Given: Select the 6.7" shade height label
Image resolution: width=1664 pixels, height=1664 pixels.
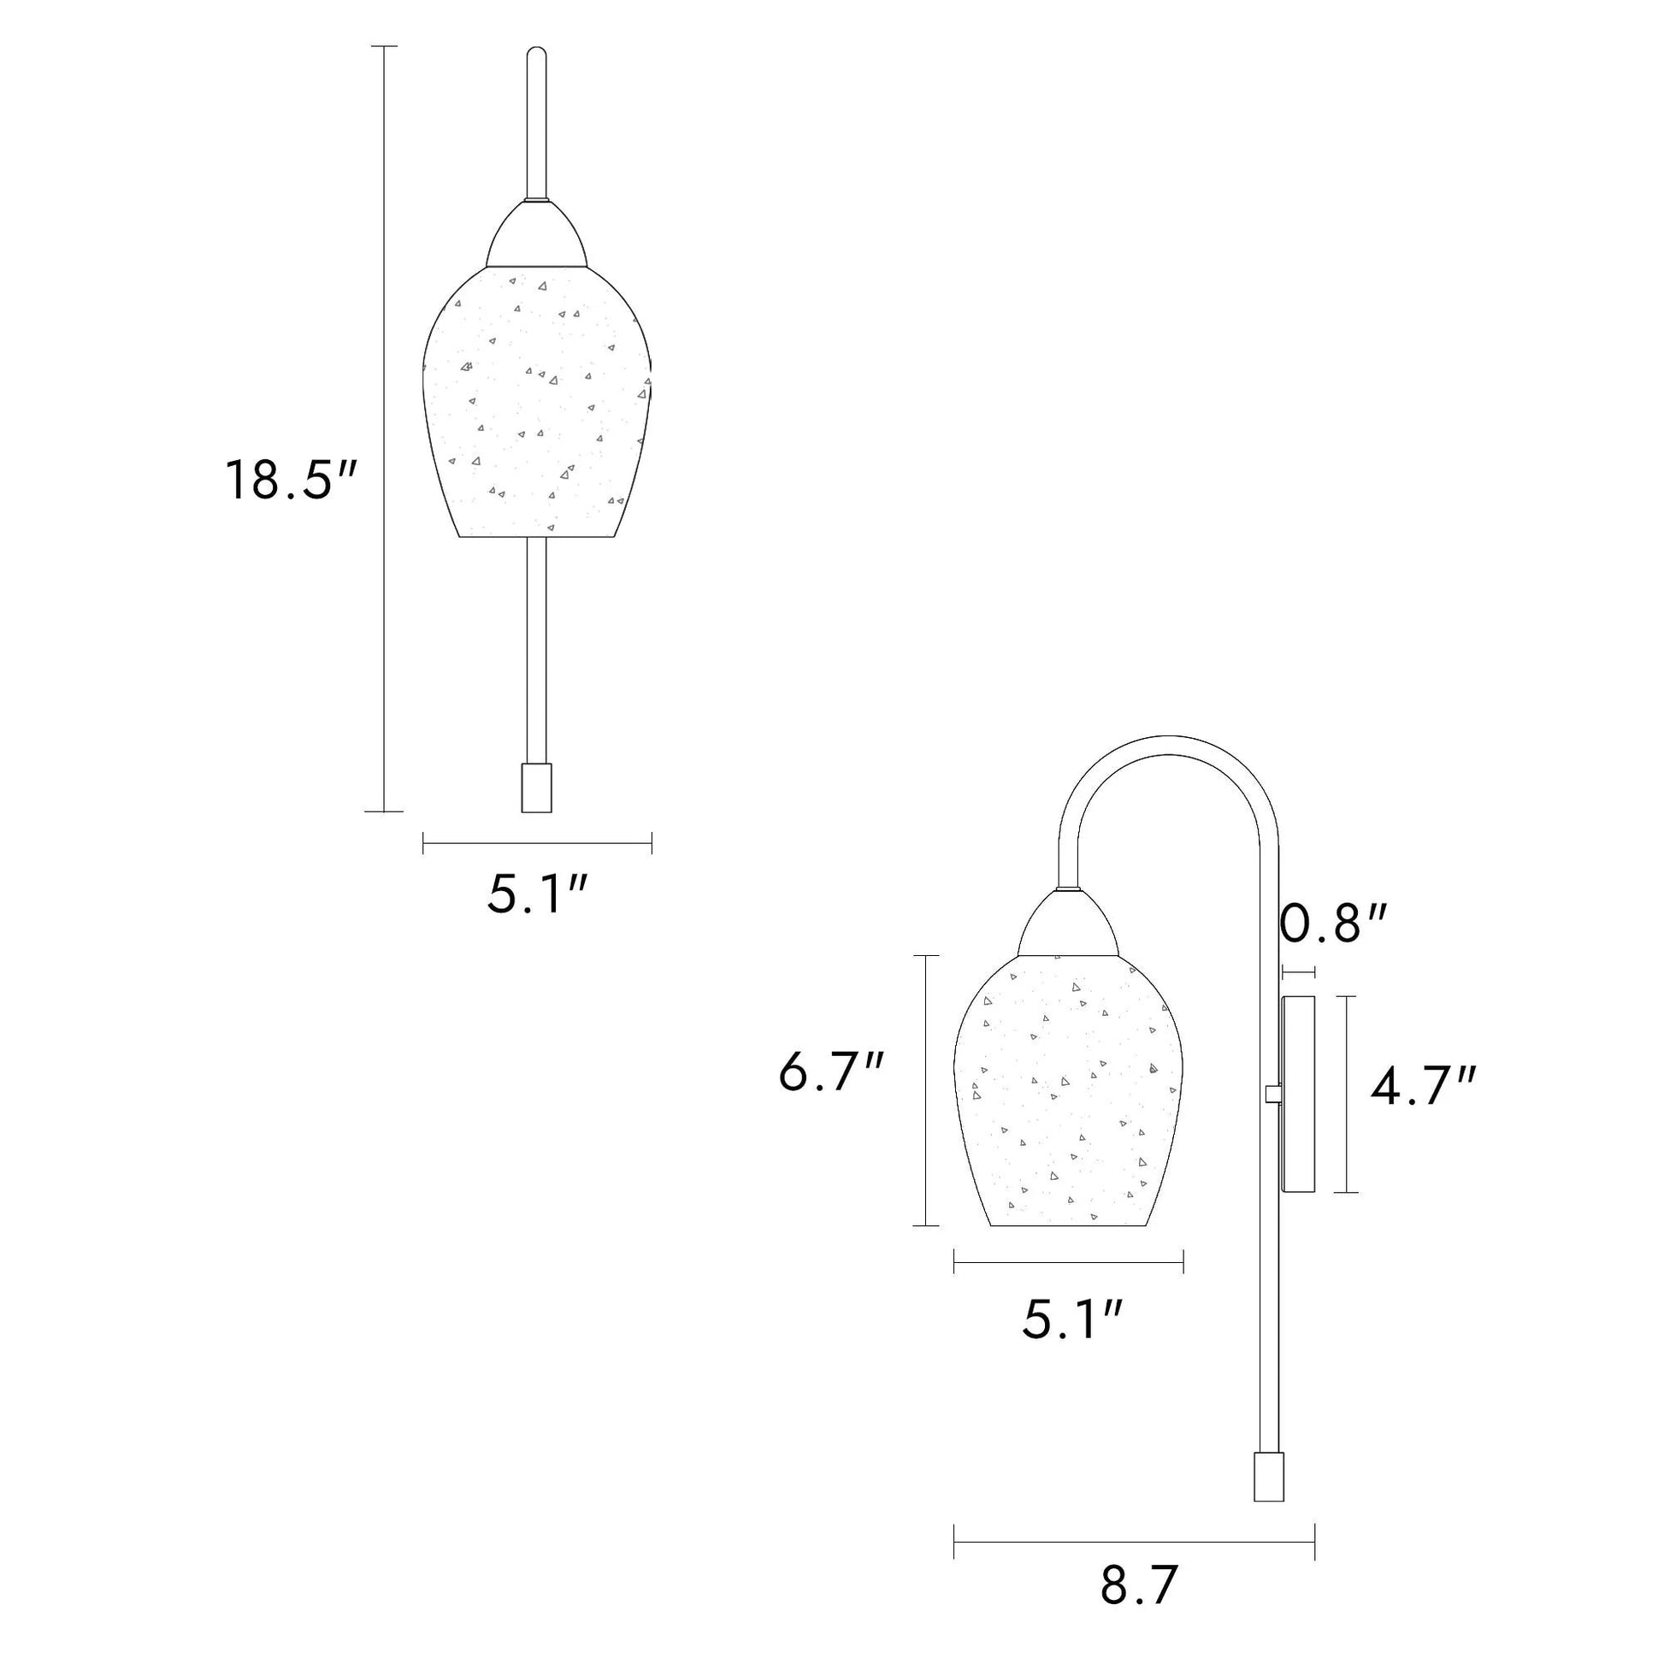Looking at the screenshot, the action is [831, 1072].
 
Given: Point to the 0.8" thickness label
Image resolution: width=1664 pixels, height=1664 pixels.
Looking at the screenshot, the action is [1333, 924].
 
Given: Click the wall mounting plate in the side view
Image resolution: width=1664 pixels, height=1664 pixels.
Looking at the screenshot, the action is [1299, 1094].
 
